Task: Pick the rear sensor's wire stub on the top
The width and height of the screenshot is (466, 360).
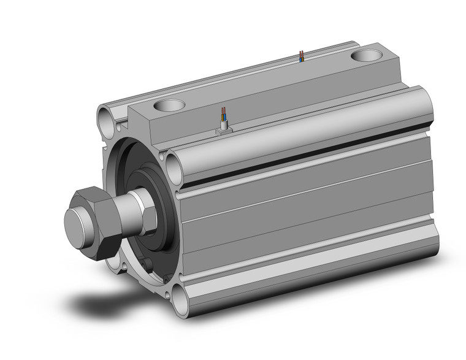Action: point(300,57)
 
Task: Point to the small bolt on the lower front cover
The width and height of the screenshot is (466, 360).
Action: point(148,264)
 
